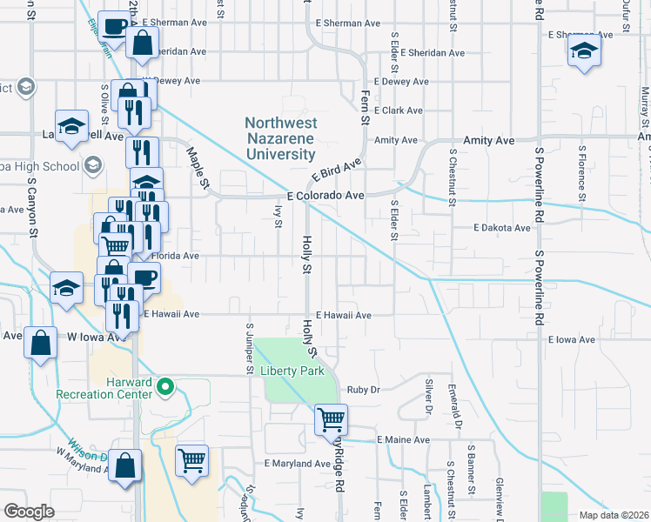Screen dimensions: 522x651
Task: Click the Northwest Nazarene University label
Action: pyautogui.click(x=279, y=139)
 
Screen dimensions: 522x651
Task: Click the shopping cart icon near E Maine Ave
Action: pyautogui.click(x=332, y=420)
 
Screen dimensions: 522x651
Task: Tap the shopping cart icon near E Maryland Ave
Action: pyautogui.click(x=191, y=458)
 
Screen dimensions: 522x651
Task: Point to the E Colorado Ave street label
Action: pyautogui.click(x=325, y=196)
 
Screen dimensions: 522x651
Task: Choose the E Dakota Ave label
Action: pyautogui.click(x=501, y=228)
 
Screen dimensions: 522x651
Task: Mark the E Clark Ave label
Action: pyautogui.click(x=398, y=110)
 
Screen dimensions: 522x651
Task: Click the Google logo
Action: pyautogui.click(x=29, y=511)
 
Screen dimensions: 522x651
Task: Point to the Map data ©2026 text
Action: pyautogui.click(x=612, y=515)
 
